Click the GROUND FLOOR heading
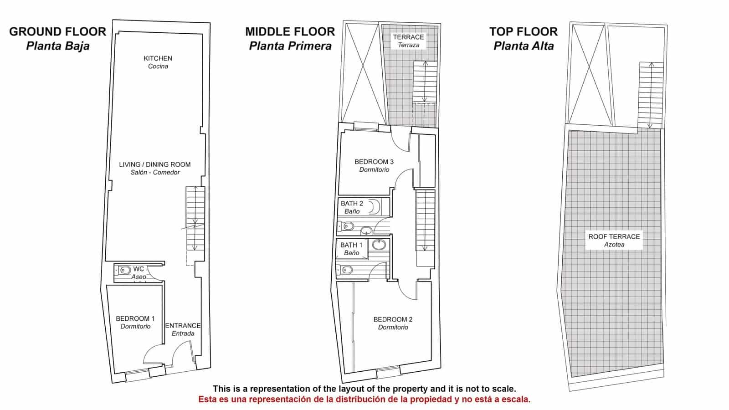57,32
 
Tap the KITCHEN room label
158,59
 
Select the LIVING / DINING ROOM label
155,164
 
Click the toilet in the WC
123,270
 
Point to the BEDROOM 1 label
135,318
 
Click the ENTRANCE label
183,326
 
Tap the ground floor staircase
195,218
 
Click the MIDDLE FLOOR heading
290,32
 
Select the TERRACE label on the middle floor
408,37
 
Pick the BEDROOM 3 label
374,162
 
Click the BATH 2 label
352,204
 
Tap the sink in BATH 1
379,245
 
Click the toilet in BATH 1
346,270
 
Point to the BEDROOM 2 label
393,319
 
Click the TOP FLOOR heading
524,32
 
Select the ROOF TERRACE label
614,237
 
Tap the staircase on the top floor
651,95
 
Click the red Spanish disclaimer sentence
364,399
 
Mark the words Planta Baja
57,46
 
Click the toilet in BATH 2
347,226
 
